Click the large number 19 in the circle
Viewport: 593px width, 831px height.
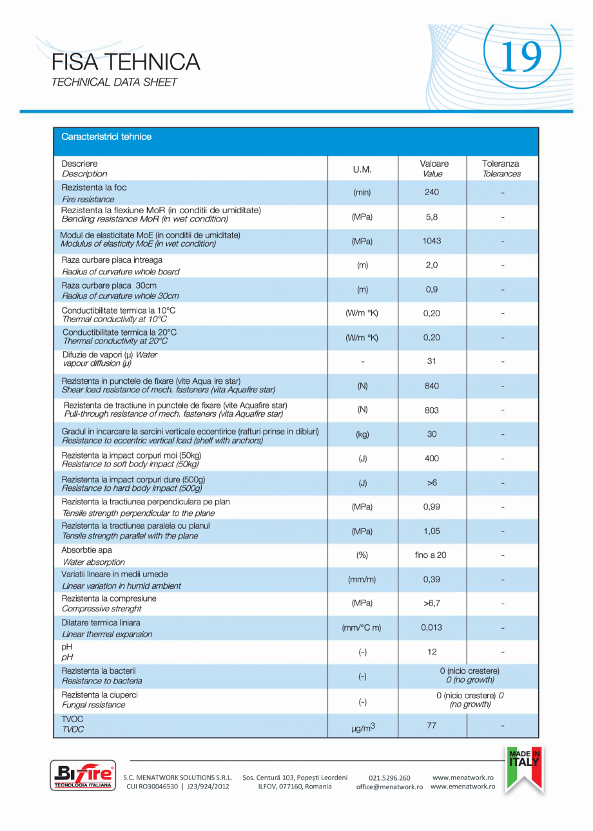(x=521, y=57)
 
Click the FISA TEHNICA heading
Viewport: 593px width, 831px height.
(x=126, y=62)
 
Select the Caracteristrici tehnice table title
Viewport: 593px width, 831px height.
(x=106, y=137)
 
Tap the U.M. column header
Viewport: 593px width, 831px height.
(x=362, y=169)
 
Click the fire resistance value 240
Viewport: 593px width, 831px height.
(x=432, y=193)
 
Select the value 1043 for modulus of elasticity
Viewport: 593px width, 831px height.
(x=432, y=241)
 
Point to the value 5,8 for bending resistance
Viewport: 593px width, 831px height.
(x=432, y=217)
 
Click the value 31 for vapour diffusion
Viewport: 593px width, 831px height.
(x=432, y=361)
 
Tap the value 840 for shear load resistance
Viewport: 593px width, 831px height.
(x=432, y=386)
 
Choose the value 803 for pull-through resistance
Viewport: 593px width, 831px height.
(x=432, y=410)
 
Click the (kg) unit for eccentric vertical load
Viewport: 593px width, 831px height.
(x=362, y=434)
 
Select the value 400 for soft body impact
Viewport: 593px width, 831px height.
(x=432, y=459)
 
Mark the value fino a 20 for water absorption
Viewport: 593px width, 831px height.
(x=431, y=555)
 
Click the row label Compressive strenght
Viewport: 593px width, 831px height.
(x=102, y=609)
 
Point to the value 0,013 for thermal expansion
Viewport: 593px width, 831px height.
(x=432, y=627)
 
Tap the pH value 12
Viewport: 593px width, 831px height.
(x=432, y=652)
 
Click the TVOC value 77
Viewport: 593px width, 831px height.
(x=432, y=726)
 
